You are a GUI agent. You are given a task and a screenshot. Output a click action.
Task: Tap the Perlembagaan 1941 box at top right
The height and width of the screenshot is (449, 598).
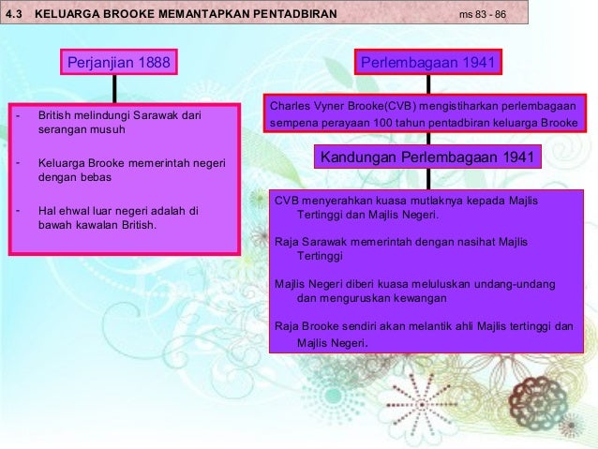428,63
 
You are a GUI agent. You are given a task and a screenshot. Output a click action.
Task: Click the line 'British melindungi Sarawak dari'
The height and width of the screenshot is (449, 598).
119,116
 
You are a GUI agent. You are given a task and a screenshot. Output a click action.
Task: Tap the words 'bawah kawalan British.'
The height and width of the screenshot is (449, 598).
97,225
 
